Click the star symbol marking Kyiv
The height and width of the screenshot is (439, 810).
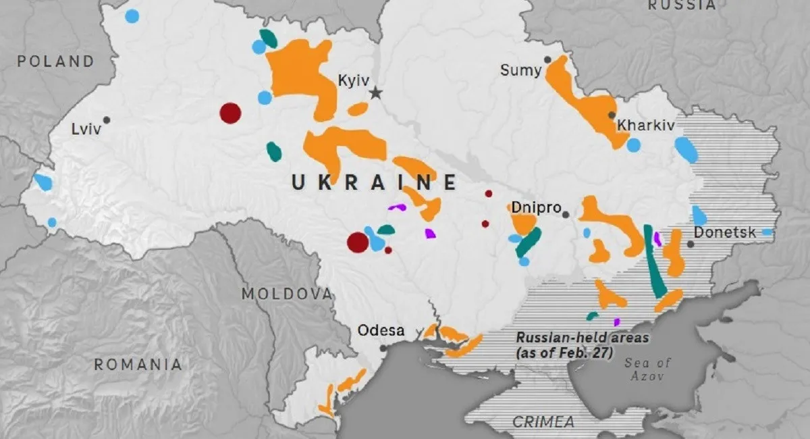tap(375, 93)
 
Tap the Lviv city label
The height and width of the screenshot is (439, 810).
tap(85, 128)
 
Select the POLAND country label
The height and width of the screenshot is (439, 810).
tap(56, 61)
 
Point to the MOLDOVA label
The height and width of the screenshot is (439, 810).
tap(288, 294)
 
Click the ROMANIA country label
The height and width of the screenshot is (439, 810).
tap(138, 365)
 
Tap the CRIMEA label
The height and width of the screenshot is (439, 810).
tap(543, 422)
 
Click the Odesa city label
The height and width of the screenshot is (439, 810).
tap(381, 331)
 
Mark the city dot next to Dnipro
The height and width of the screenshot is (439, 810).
tap(566, 215)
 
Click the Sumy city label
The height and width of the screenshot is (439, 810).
tap(520, 70)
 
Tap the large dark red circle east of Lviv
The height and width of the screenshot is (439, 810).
tap(230, 113)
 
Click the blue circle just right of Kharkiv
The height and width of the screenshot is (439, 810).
tap(633, 145)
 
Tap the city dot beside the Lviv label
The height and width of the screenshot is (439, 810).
tap(107, 120)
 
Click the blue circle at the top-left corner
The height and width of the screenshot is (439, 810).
tap(132, 16)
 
